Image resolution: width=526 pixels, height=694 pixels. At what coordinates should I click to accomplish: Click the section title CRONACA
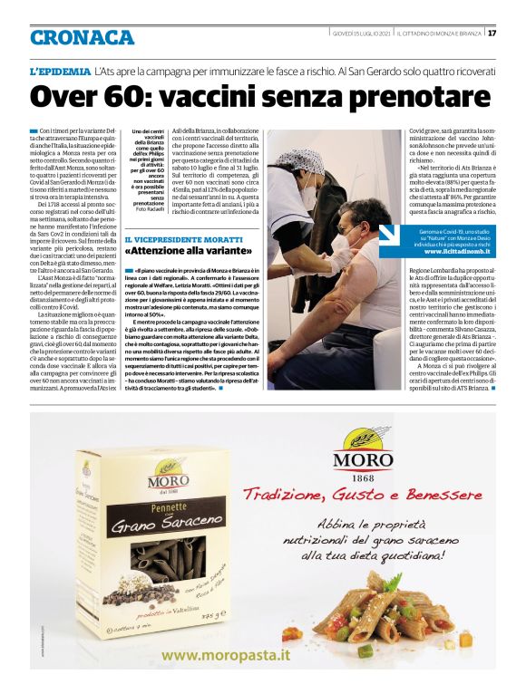82,37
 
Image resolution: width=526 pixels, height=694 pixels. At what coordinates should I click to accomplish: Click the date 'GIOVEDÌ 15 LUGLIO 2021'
361,34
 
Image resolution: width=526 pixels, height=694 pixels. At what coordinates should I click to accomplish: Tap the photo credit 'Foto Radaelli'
150,205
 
